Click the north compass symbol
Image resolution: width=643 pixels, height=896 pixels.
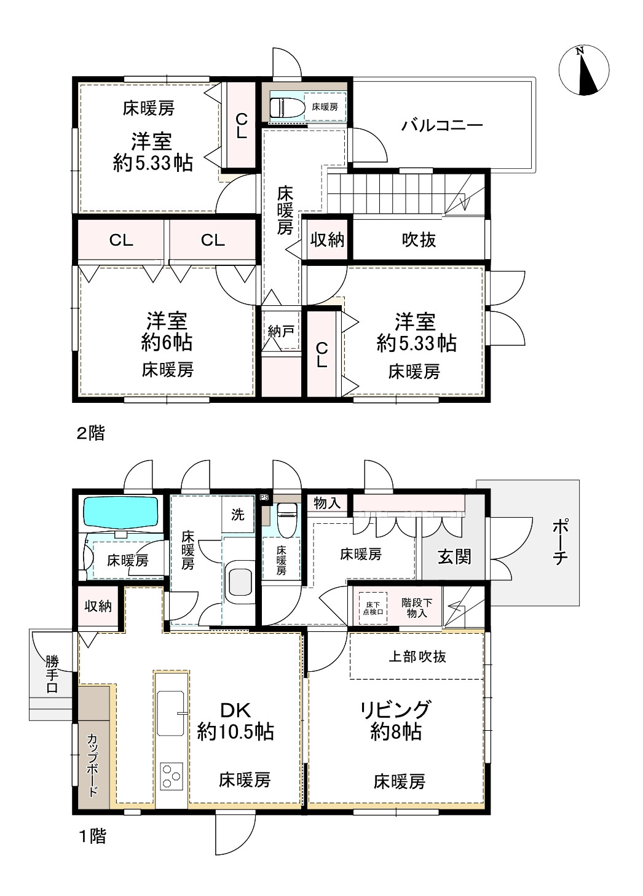pos(584,71)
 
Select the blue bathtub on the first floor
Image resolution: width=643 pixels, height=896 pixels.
pos(120,512)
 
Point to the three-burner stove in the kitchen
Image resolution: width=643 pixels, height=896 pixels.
pos(172,777)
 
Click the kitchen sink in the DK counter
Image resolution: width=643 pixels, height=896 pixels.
pos(170,713)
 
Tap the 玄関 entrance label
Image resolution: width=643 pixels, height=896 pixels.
pos(454,556)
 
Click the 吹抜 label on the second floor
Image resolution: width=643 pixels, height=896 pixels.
pos(419,240)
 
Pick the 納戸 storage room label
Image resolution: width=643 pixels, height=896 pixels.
pos(281,332)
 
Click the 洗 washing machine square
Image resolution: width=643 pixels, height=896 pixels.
pos(238,515)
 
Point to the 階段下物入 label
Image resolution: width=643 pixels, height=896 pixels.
pos(417,608)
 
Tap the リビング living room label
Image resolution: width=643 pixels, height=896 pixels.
pos(395,709)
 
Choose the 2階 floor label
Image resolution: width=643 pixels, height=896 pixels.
pos(91,433)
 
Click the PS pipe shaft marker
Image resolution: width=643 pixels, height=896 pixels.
pos(264,498)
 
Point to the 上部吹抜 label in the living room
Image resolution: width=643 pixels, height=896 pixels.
pos(417,656)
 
